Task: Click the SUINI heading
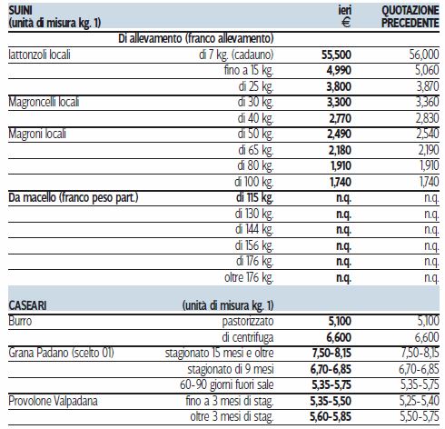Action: [x=20, y=10]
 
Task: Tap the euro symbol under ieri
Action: [x=346, y=23]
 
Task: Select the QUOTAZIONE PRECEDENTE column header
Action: [x=410, y=16]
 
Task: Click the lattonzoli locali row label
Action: [x=39, y=55]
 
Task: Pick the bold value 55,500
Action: [x=336, y=55]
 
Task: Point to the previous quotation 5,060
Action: [x=427, y=70]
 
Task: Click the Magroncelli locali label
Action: [x=44, y=102]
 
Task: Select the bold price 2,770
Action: [x=341, y=118]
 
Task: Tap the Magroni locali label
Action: [x=37, y=134]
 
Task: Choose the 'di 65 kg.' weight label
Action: [x=256, y=150]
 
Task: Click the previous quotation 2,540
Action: [x=428, y=134]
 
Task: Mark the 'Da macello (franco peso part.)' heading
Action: [x=74, y=197]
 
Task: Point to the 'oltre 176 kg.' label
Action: [x=249, y=277]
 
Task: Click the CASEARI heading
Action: [x=27, y=305]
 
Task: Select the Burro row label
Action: [x=20, y=321]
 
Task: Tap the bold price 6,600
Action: [x=339, y=337]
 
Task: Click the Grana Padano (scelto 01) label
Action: [x=61, y=353]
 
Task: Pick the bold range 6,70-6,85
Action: [x=331, y=369]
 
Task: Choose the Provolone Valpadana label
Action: [x=53, y=401]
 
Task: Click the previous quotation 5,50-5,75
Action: [x=420, y=417]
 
